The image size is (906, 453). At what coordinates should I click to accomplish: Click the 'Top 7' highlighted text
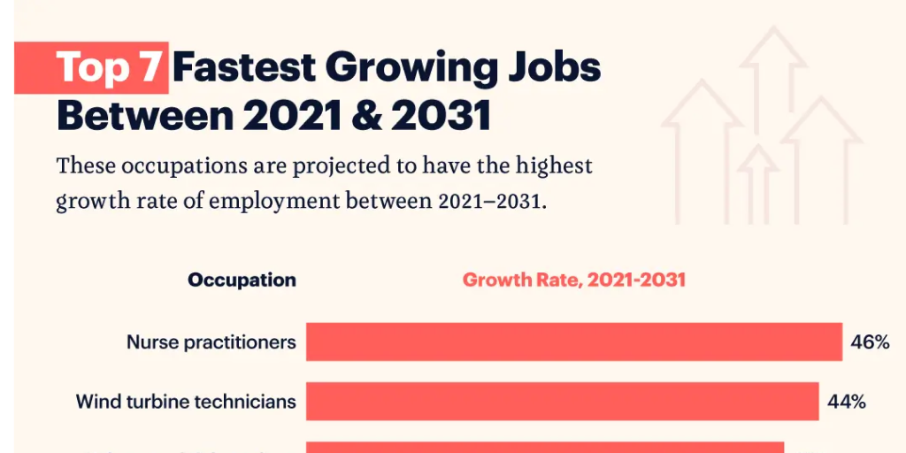[x=110, y=68]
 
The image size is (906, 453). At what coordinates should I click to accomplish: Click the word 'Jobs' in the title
[x=557, y=68]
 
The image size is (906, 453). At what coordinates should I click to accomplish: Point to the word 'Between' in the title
[x=147, y=116]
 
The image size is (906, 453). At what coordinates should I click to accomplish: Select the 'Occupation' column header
[x=242, y=280]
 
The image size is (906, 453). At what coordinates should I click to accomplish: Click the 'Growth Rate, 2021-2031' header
[x=574, y=280]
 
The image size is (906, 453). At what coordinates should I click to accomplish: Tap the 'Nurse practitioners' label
[x=211, y=342]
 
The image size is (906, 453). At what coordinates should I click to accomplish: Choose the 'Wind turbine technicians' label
[x=186, y=402]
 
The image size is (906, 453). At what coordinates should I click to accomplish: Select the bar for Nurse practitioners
[x=573, y=342]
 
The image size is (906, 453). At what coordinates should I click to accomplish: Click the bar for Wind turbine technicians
[x=562, y=402]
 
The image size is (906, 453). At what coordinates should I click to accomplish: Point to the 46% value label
[x=870, y=342]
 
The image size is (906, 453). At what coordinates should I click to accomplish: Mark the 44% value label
[x=846, y=402]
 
